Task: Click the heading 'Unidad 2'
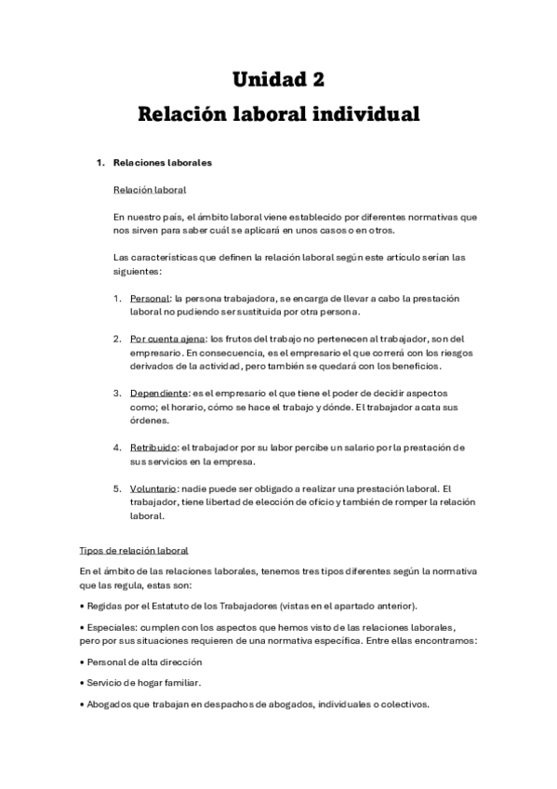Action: click(278, 78)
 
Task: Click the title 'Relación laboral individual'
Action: click(278, 115)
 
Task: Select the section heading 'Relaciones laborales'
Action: click(162, 163)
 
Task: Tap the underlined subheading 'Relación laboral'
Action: click(149, 190)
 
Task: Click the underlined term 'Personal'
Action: click(149, 298)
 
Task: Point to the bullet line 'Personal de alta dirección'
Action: click(143, 662)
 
